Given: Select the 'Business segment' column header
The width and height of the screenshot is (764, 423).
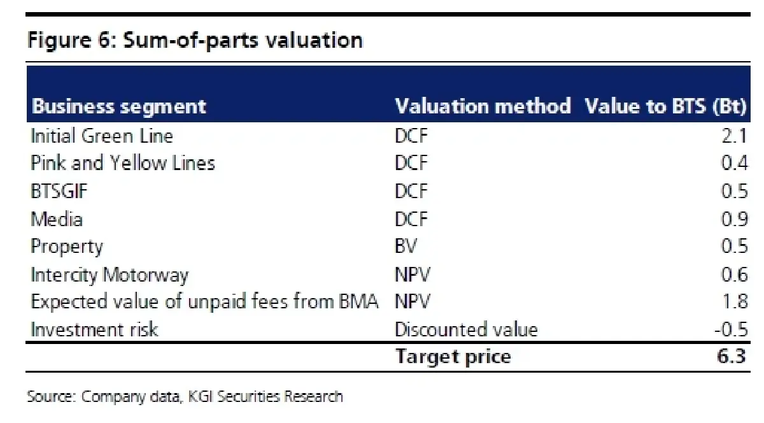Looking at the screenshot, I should point(118,106).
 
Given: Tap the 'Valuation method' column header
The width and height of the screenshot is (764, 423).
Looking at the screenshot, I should point(483,106).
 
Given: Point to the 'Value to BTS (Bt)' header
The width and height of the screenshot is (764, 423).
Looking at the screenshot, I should point(665,106).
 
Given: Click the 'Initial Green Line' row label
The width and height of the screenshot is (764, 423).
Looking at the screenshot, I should point(102,136).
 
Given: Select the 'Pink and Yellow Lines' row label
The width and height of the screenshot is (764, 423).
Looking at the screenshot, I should point(123,163).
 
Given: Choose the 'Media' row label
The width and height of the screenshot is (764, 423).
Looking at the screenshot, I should point(57,219).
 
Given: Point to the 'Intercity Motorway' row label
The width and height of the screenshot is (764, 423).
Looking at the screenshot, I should point(110,275).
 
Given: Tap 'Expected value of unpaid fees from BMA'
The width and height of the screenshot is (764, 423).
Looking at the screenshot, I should point(204,302).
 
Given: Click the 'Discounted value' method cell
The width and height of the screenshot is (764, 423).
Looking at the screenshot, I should point(466,329).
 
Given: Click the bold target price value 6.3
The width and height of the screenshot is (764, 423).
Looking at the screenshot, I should point(732,356).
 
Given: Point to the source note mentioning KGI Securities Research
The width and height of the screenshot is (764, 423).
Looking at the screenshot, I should point(185,397).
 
